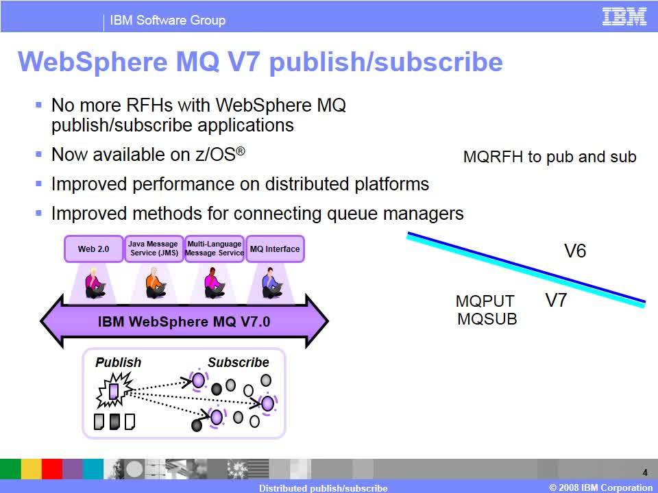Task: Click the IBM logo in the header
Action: (624, 16)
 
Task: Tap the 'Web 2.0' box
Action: (94, 249)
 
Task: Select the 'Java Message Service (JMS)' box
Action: (154, 249)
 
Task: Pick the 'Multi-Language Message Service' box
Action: (215, 249)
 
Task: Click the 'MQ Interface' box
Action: (275, 249)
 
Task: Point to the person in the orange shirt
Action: (156, 283)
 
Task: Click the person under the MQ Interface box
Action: (271, 283)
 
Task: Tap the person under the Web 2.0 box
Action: (95, 283)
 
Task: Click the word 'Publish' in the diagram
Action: (119, 362)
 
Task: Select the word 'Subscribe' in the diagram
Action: (239, 362)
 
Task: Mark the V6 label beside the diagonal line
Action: (575, 251)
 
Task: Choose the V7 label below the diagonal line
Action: (556, 300)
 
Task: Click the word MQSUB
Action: (487, 319)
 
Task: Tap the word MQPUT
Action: (485, 301)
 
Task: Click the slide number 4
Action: (645, 473)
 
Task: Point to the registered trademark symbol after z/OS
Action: (241, 151)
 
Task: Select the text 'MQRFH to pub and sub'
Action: (550, 157)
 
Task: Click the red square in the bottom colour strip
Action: (52, 468)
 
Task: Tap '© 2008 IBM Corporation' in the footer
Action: (600, 488)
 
